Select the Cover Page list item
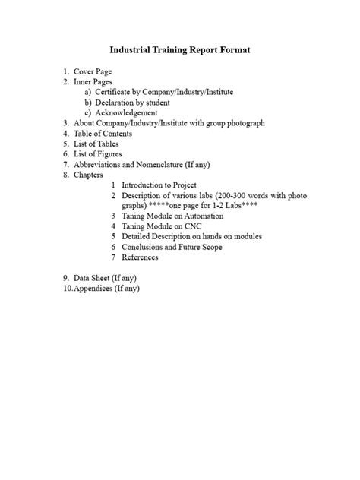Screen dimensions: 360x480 [92, 71]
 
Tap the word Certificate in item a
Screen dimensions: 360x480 [114, 92]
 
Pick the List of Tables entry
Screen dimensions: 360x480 [96, 144]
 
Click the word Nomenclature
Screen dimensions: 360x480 [166, 164]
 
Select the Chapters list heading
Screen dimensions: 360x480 [89, 174]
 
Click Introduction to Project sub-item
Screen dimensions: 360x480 [159, 185]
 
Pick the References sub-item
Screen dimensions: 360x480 [140, 257]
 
